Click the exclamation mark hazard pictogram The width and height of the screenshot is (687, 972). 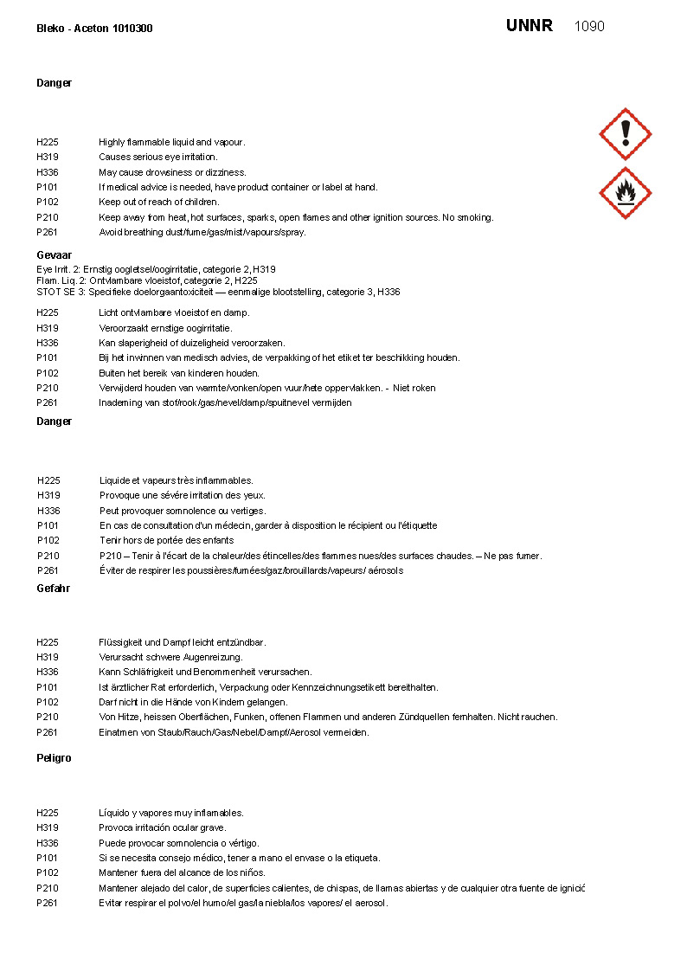625,134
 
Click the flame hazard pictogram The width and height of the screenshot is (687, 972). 625,193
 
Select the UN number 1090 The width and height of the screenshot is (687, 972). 589,26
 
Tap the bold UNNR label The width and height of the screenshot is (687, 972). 529,26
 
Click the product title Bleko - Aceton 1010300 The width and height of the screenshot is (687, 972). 94,29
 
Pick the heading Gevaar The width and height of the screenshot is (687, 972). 54,255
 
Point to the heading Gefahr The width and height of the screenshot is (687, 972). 53,589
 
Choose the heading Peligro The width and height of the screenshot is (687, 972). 54,758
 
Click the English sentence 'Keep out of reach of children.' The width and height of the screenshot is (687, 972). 158,203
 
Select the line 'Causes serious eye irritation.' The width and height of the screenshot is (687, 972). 157,158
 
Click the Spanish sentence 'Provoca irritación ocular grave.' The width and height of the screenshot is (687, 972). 162,827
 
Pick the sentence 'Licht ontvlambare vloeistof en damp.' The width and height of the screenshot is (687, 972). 174,312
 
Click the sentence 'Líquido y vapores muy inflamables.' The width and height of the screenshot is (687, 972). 170,813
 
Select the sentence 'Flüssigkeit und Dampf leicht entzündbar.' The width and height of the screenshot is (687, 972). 182,642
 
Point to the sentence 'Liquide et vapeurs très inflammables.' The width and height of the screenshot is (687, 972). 176,480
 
